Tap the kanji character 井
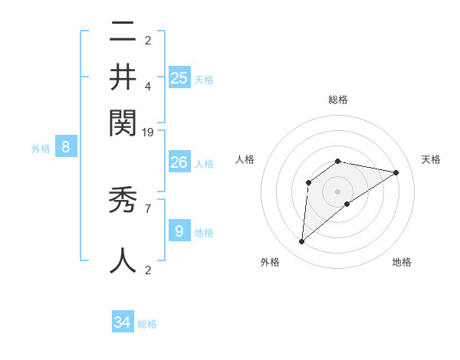coord(123,77)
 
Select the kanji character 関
coord(123,121)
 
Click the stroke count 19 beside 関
coord(148,132)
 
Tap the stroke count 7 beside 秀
coord(148,208)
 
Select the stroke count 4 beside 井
coord(148,85)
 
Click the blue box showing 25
coord(179,77)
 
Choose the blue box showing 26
coord(179,162)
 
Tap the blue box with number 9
coord(179,231)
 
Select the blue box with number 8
coord(66,148)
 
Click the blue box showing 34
coord(123,322)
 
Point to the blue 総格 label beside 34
coord(147,324)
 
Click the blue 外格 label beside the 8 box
coord(41,149)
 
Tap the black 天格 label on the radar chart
coord(431,159)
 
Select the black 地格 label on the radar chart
coord(402,262)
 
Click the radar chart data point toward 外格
coord(302,242)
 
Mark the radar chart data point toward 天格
coord(396,172)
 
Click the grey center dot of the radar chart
coord(338,191)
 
